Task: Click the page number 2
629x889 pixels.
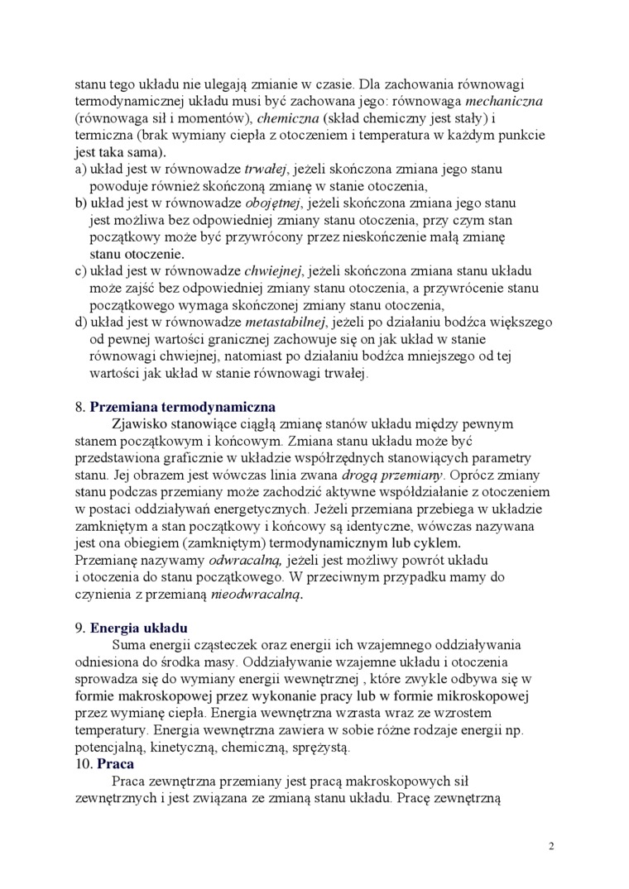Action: [551, 847]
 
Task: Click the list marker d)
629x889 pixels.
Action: [81, 322]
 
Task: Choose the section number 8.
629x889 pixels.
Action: [79, 407]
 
